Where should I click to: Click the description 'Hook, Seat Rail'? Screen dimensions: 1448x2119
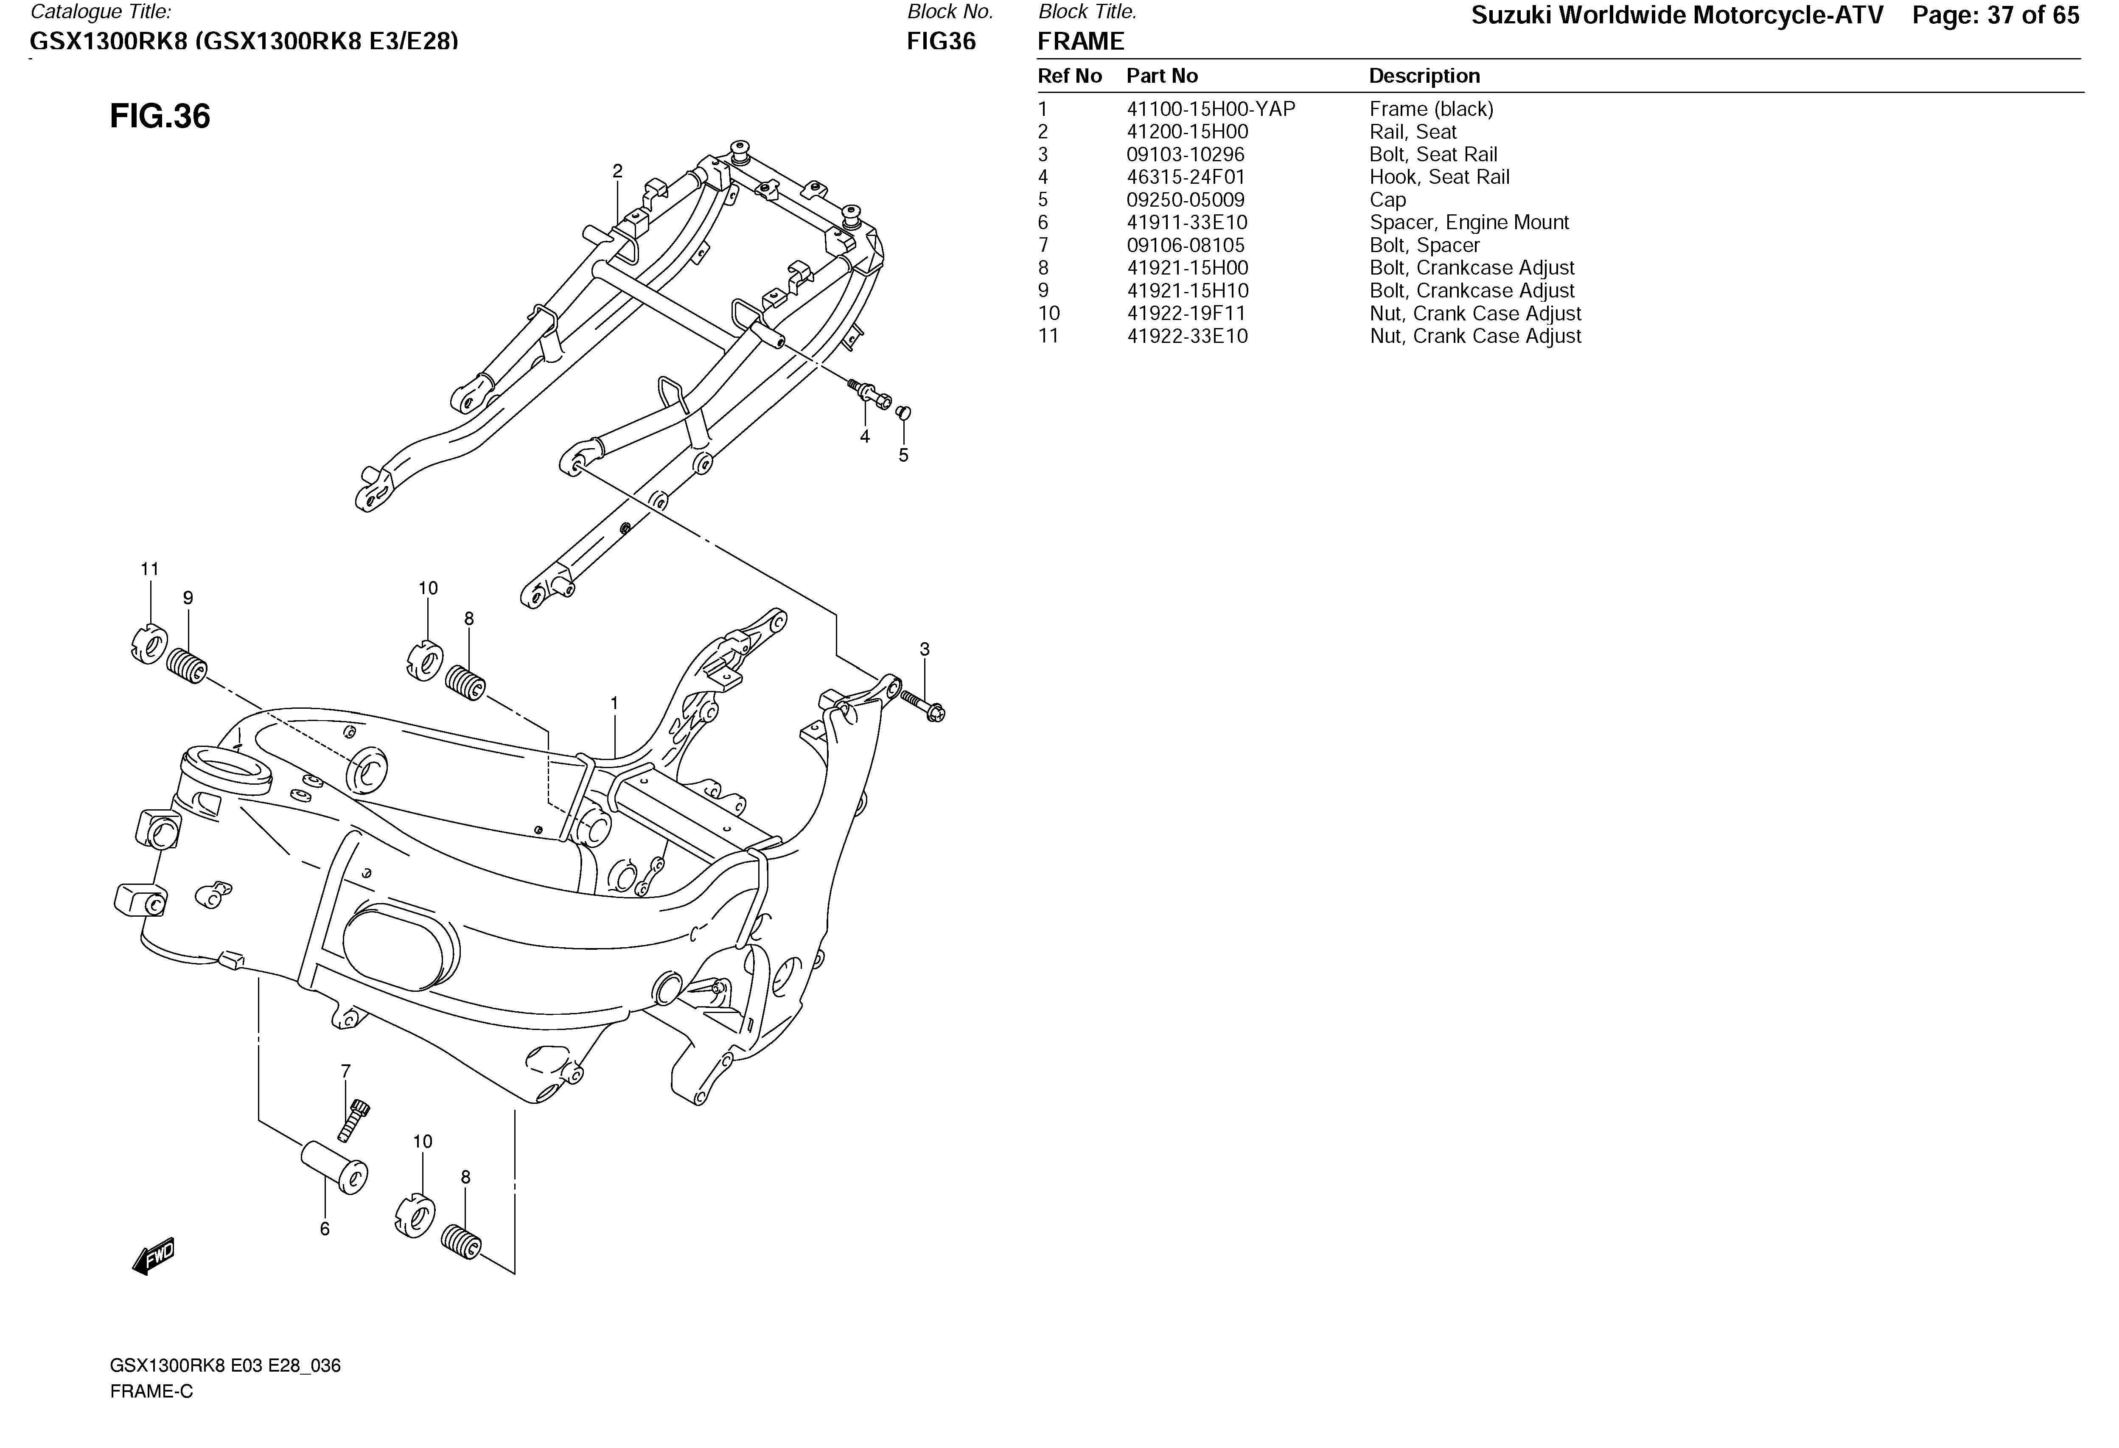click(1439, 177)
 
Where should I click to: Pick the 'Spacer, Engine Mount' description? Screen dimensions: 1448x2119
click(1468, 222)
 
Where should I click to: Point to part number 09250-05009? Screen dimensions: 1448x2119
click(1186, 200)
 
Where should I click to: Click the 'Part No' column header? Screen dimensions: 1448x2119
click(1162, 76)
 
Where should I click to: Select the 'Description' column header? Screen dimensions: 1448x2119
click(1424, 76)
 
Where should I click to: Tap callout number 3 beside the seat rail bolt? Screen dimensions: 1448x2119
click(925, 649)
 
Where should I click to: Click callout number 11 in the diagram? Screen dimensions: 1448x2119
click(149, 569)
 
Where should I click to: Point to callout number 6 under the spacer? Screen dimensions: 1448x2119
click(325, 1229)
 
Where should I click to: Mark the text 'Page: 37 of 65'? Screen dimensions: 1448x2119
click(1996, 16)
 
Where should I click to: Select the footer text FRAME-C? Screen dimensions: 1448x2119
click(151, 1392)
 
